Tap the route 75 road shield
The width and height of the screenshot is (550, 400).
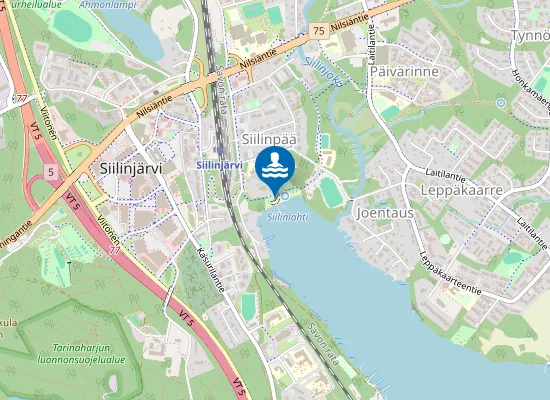tap(317, 31)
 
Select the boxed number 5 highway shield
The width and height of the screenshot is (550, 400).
tap(49, 172)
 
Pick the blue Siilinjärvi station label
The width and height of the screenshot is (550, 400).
tap(220, 163)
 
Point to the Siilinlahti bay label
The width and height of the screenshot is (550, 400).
tap(287, 215)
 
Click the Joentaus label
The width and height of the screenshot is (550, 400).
tap(383, 213)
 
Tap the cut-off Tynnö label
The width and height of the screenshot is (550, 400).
tap(530, 36)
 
